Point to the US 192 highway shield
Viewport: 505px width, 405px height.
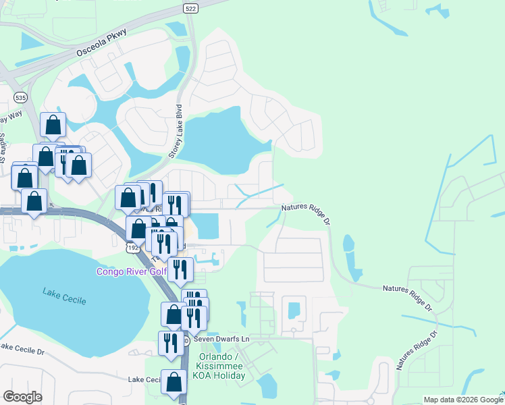tap(132, 248)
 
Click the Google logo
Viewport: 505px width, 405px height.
tap(22, 397)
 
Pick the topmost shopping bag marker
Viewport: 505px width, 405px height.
tap(53, 124)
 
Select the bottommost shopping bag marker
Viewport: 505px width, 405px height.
tap(174, 382)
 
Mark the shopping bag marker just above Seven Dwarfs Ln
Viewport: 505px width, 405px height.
tap(174, 314)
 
